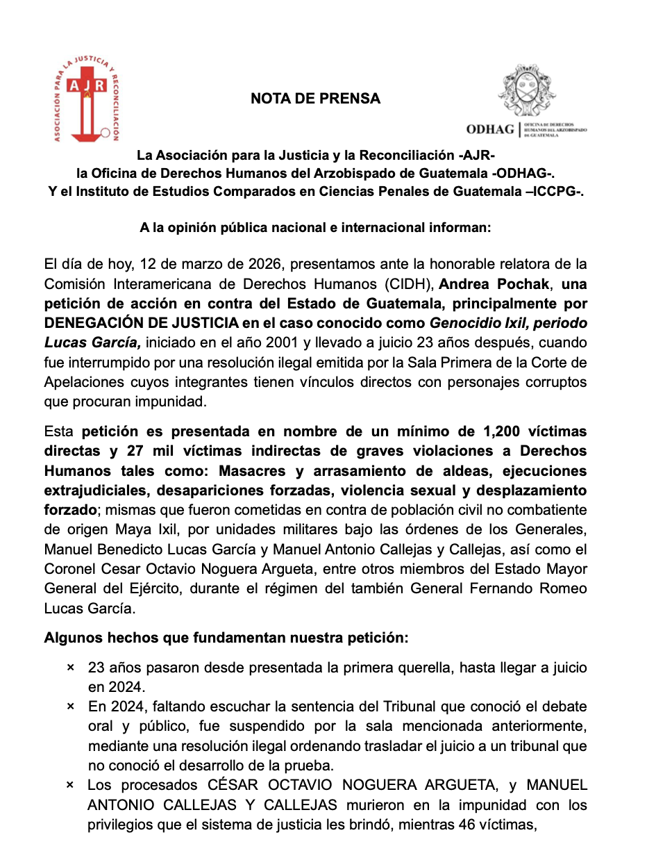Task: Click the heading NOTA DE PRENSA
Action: pyautogui.click(x=315, y=99)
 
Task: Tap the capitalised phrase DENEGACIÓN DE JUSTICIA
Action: pyautogui.click(x=161, y=324)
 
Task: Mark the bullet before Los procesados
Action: pyautogui.click(x=70, y=786)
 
